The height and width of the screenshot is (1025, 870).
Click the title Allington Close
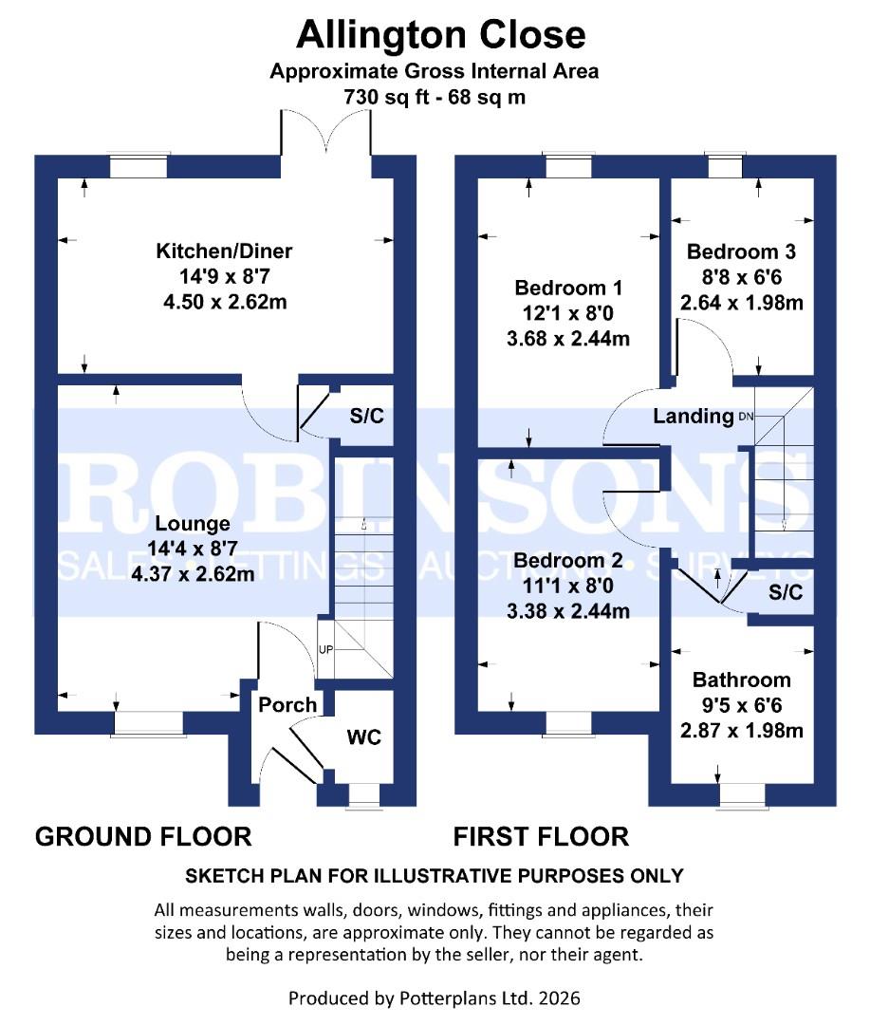click(x=440, y=34)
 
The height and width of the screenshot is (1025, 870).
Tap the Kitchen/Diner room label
click(x=224, y=252)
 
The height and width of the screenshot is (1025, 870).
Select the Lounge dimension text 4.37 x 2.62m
click(x=193, y=573)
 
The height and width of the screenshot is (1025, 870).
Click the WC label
click(x=364, y=736)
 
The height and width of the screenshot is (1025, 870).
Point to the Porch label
click(x=287, y=704)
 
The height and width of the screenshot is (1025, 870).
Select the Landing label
click(x=693, y=416)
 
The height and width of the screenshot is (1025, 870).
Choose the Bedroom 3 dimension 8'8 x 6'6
click(x=742, y=278)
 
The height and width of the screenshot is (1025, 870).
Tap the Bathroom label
click(x=741, y=680)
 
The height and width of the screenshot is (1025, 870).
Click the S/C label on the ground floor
click(x=366, y=415)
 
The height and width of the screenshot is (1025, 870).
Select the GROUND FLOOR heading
click(x=143, y=836)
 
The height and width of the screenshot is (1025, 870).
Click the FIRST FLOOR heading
click(x=541, y=836)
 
